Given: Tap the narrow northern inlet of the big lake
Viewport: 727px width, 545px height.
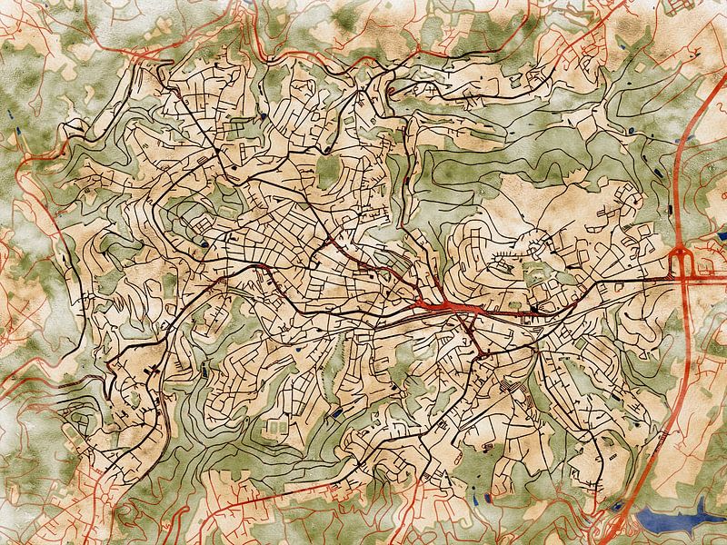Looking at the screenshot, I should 703,502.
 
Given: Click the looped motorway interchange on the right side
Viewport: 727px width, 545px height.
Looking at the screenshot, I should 682,263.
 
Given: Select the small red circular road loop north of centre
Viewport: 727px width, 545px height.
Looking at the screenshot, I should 390,91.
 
